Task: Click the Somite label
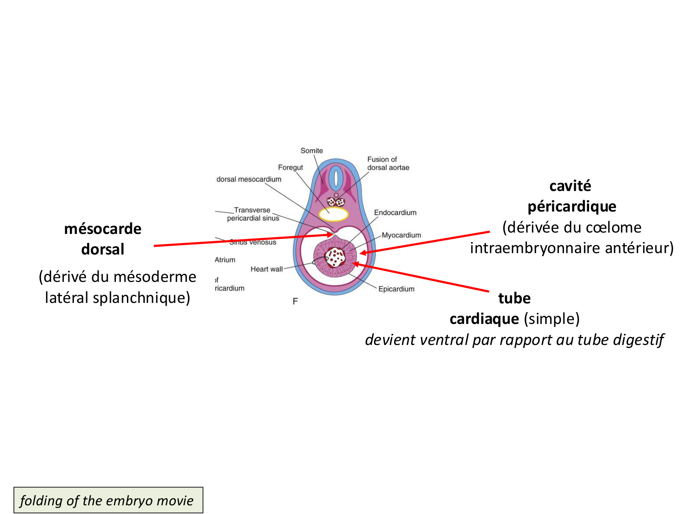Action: (311, 151)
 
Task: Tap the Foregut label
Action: (290, 168)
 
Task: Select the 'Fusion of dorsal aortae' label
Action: (388, 164)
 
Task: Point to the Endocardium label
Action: (395, 213)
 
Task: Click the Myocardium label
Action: (401, 235)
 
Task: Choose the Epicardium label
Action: (396, 289)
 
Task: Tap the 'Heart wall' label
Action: (267, 269)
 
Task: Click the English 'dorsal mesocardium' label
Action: (249, 180)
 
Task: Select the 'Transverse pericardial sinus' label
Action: (253, 214)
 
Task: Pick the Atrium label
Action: (225, 260)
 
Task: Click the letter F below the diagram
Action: (295, 301)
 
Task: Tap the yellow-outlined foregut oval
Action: (334, 214)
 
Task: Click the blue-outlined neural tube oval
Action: (336, 178)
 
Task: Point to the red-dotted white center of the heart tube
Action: (336, 257)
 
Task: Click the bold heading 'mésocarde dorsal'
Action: (103, 239)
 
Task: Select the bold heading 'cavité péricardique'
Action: (571, 196)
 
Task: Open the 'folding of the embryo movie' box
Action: (108, 500)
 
